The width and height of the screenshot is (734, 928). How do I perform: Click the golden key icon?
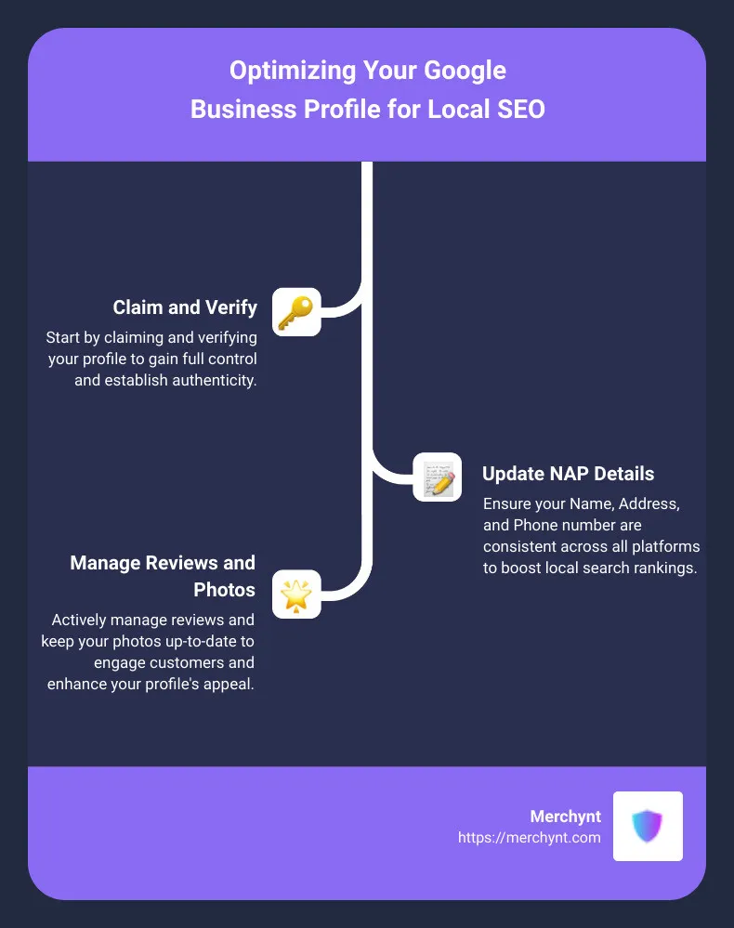(296, 312)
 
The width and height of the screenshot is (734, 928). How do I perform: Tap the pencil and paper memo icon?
(437, 477)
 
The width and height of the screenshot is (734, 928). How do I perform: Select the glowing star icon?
(296, 595)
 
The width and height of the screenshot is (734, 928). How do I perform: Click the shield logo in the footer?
(647, 826)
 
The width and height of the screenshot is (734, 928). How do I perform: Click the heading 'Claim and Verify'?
(185, 307)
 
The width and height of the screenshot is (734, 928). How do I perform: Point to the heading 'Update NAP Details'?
(569, 474)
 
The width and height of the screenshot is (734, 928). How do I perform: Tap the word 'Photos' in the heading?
(224, 590)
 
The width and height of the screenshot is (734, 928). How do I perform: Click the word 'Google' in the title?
(465, 71)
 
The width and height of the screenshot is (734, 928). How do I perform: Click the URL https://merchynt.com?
(530, 838)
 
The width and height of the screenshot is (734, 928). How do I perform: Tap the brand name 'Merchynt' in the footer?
(565, 817)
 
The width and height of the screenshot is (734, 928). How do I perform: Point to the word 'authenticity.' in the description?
(211, 380)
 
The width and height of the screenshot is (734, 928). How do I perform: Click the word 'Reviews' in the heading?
(182, 562)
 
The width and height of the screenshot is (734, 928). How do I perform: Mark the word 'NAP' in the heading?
(570, 474)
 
